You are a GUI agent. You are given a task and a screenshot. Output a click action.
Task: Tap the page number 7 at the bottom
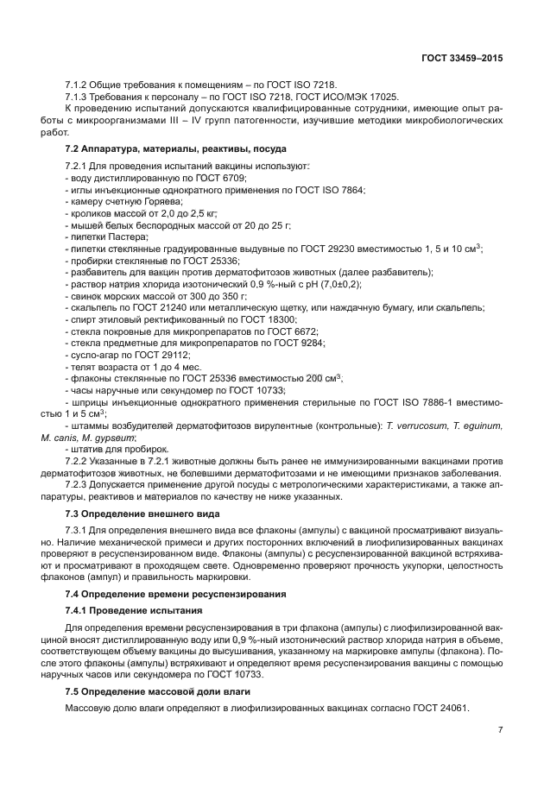[x=500, y=729]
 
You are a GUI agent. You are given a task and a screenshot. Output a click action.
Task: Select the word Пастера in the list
[x=128, y=236]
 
